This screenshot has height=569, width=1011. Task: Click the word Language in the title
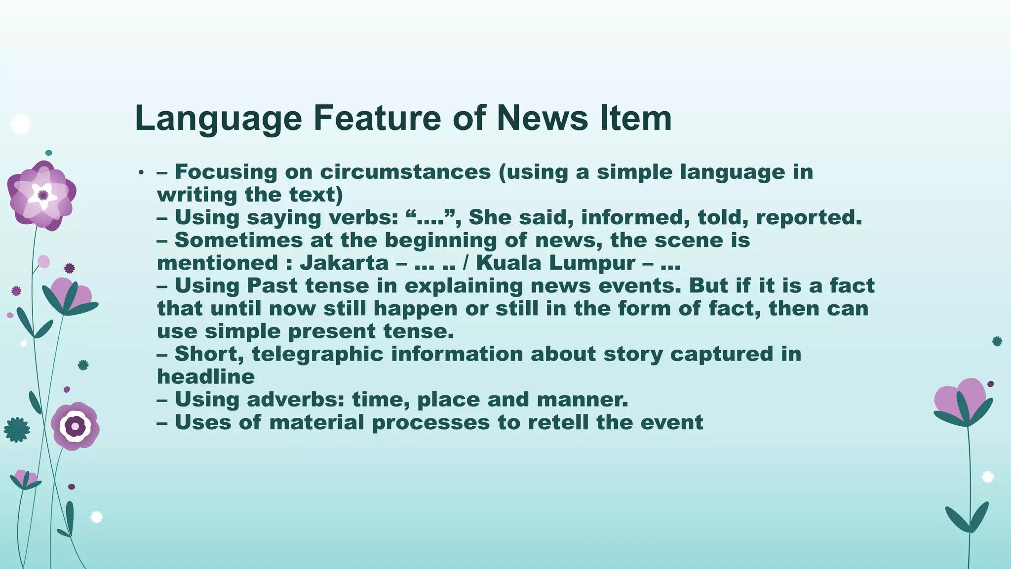click(218, 119)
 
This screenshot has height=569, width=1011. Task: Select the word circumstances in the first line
click(405, 172)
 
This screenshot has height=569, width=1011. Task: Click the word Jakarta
click(344, 263)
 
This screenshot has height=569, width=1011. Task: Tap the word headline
click(206, 377)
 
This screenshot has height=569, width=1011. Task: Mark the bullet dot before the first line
click(141, 172)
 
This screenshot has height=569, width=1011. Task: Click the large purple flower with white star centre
click(42, 195)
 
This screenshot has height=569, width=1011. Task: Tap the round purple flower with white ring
click(75, 425)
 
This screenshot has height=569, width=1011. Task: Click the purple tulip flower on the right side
click(962, 400)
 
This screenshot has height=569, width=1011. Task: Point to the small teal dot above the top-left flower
click(48, 153)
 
